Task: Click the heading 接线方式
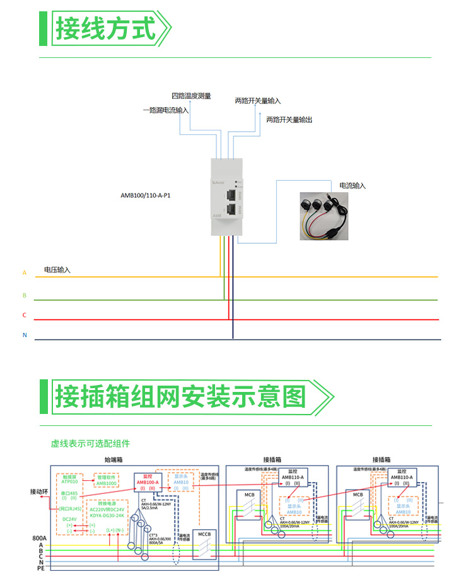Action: coord(105,28)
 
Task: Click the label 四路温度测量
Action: coord(191,96)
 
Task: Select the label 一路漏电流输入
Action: coord(165,110)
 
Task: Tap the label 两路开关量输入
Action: coord(258,101)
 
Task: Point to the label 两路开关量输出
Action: coord(289,119)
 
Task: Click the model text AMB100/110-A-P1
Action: coord(145,195)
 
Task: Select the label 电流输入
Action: coord(353,186)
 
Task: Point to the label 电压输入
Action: coord(57,270)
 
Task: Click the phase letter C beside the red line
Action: coord(25,315)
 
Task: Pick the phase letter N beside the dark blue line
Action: coord(25,335)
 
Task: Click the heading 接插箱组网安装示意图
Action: coord(180,397)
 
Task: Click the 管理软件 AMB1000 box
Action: coord(106,480)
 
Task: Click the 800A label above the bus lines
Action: coord(40,538)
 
